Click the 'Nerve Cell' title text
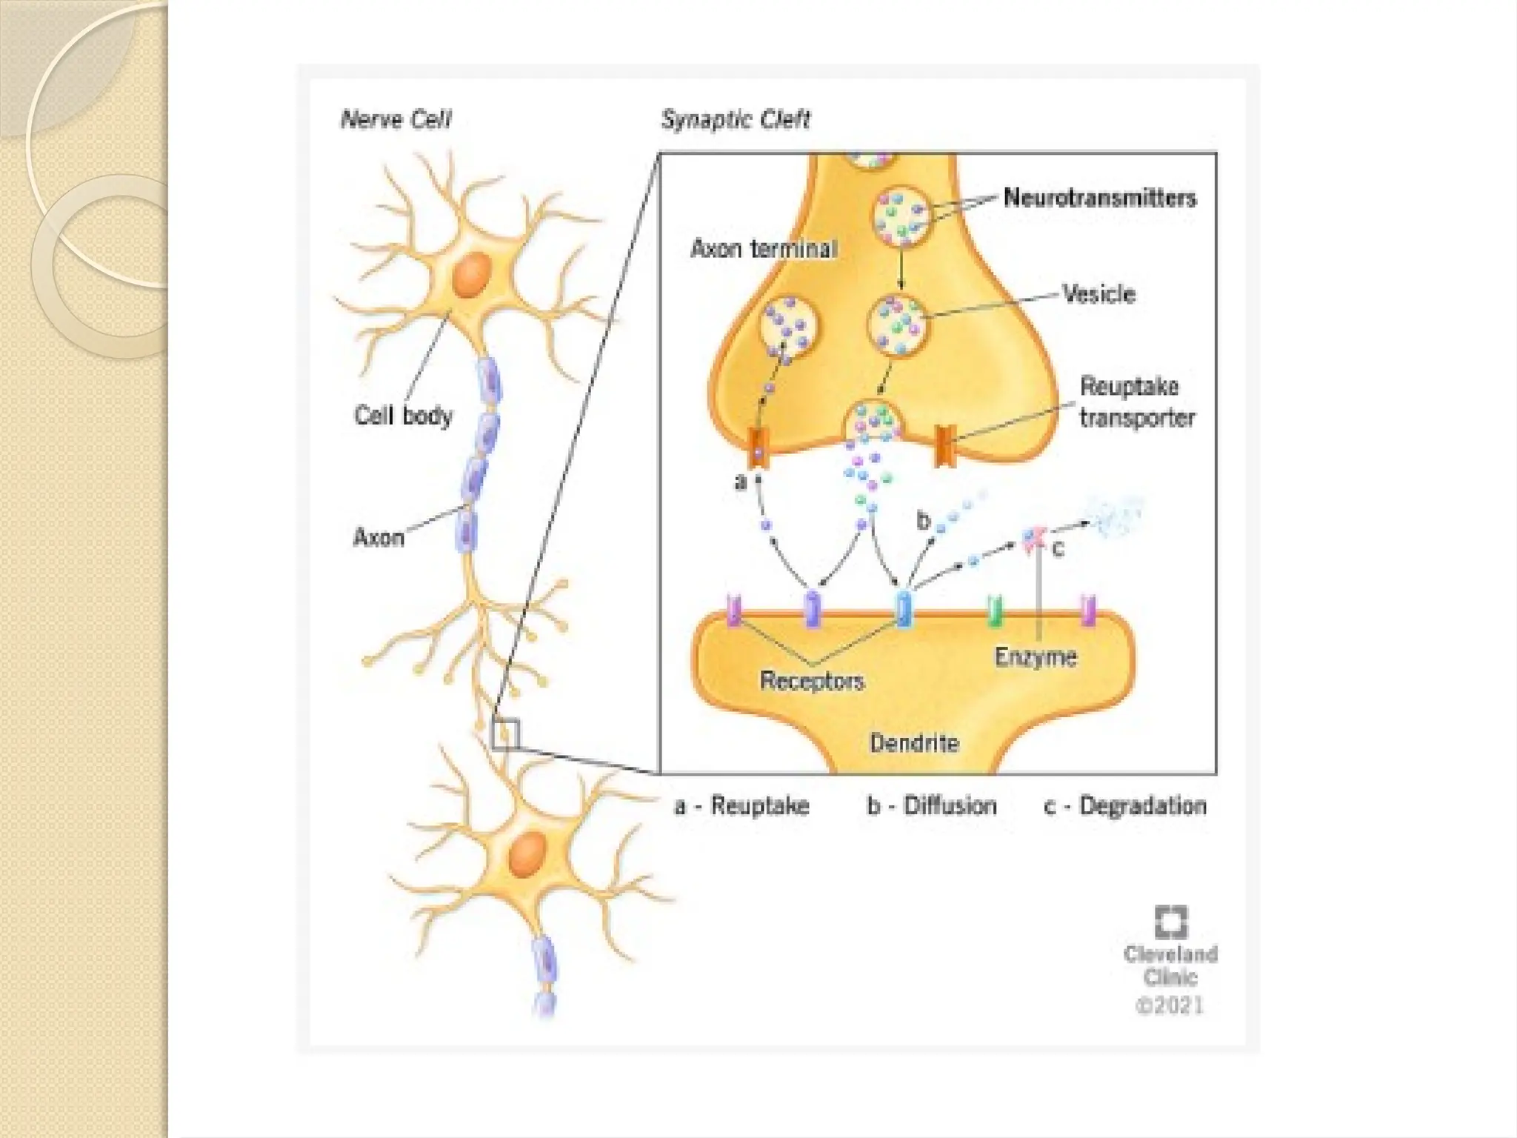pyautogui.click(x=396, y=120)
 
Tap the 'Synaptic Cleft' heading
pyautogui.click(x=736, y=119)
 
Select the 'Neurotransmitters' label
pyautogui.click(x=1099, y=198)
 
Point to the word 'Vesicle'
pyautogui.click(x=1098, y=294)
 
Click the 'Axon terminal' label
pyautogui.click(x=764, y=248)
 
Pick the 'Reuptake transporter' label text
pyautogui.click(x=1136, y=402)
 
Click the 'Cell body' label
pyautogui.click(x=403, y=415)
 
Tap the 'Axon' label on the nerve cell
pyautogui.click(x=379, y=536)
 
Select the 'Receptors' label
pyautogui.click(x=812, y=680)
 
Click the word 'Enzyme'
pyautogui.click(x=1035, y=656)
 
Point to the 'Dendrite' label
pyautogui.click(x=914, y=742)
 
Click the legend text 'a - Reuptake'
pyautogui.click(x=741, y=805)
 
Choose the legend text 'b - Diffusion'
pyautogui.click(x=932, y=805)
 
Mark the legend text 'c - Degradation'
pyautogui.click(x=1125, y=805)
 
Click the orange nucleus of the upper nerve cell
pyautogui.click(x=472, y=274)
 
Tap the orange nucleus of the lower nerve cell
pyautogui.click(x=527, y=853)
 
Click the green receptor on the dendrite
pyautogui.click(x=996, y=610)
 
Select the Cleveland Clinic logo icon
pyautogui.click(x=1170, y=922)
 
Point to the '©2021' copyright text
pyautogui.click(x=1170, y=1005)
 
